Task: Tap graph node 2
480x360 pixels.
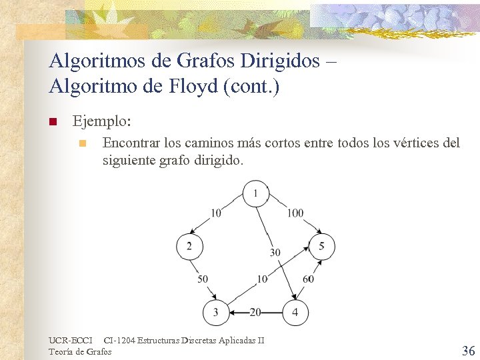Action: point(189,247)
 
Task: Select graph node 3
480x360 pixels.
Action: point(215,312)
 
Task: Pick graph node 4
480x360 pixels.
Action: point(295,312)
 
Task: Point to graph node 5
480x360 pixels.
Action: point(321,247)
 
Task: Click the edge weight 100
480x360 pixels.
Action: point(295,213)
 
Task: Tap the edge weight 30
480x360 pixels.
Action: point(275,253)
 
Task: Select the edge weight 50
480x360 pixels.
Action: point(203,279)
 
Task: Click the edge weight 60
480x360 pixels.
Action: point(308,279)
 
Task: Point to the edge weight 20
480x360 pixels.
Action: point(255,312)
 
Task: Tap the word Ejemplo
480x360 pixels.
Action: point(101,122)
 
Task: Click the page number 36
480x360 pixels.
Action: point(468,351)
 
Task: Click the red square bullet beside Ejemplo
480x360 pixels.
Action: point(53,123)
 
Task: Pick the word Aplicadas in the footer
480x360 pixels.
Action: point(238,341)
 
